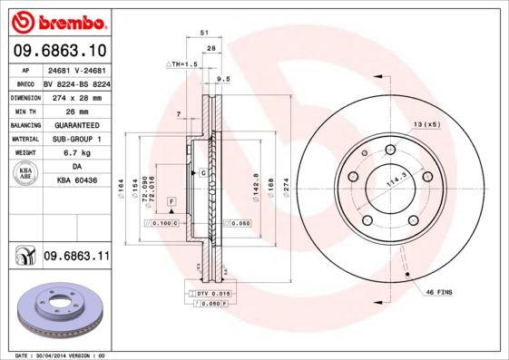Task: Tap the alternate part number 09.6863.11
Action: tap(76, 257)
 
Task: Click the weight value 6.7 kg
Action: tap(77, 153)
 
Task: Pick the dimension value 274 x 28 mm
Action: tap(77, 95)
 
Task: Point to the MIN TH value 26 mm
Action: tap(77, 110)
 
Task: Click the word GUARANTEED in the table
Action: tap(77, 124)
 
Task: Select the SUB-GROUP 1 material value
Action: tap(77, 139)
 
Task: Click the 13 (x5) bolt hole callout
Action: tap(427, 123)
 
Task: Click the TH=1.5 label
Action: tap(182, 64)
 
